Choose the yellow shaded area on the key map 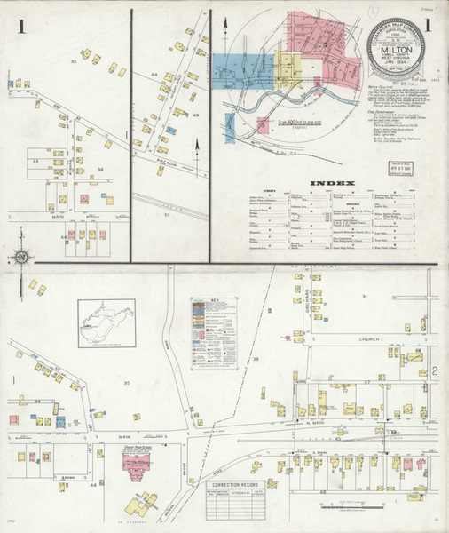pos(288,67)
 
